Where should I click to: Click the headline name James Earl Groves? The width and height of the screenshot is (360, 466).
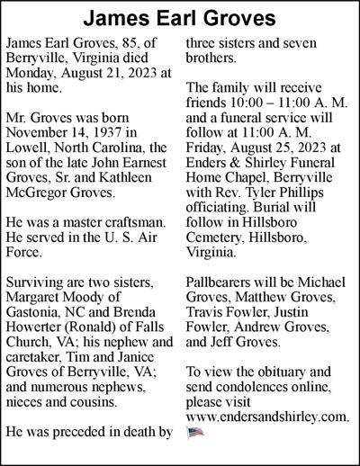point(180,18)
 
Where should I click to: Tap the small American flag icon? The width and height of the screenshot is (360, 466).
point(195,432)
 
